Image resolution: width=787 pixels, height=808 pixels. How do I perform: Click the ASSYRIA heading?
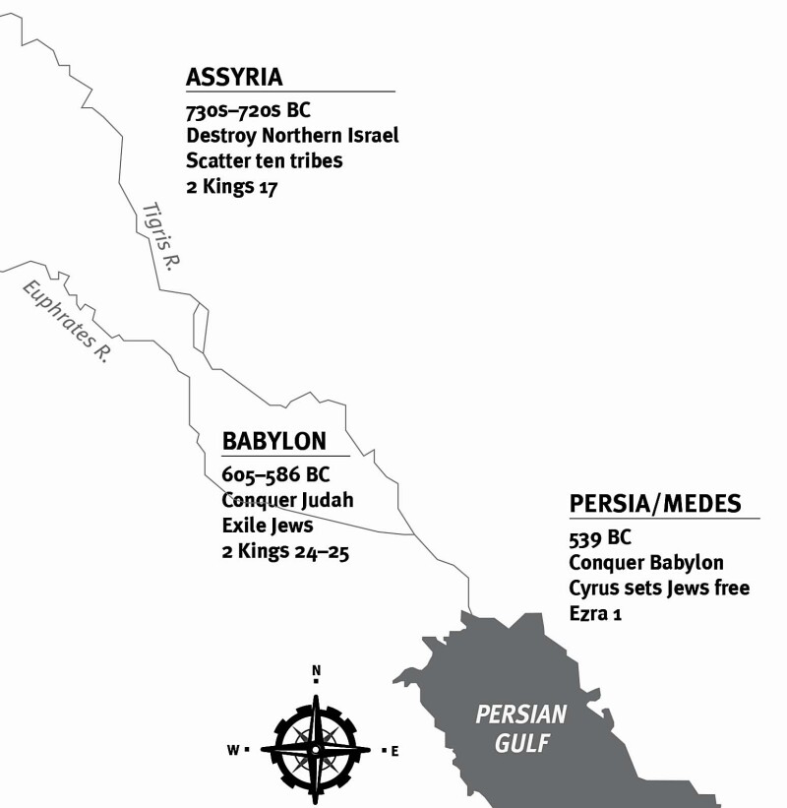pyautogui.click(x=234, y=77)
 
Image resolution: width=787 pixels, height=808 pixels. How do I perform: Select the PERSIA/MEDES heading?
pyautogui.click(x=654, y=504)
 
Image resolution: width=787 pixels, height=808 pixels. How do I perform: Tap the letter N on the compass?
pyautogui.click(x=316, y=672)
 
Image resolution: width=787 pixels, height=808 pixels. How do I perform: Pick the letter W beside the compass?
pyautogui.click(x=233, y=750)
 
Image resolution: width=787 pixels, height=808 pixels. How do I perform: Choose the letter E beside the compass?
pyautogui.click(x=394, y=752)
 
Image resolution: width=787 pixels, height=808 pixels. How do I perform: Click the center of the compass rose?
pyautogui.click(x=315, y=749)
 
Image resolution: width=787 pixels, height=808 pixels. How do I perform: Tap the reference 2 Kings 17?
pyautogui.click(x=232, y=186)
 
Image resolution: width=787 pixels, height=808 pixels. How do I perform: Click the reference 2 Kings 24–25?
pyautogui.click(x=286, y=552)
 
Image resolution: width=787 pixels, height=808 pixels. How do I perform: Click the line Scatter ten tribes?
pyautogui.click(x=265, y=160)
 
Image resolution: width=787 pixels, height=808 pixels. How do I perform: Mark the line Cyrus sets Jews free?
pyautogui.click(x=659, y=589)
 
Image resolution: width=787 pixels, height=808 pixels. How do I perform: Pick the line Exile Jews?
pyautogui.click(x=267, y=527)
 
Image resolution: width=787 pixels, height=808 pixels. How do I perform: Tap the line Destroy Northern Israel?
pyautogui.click(x=292, y=136)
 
